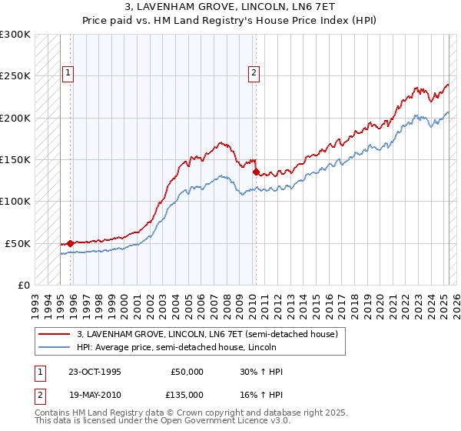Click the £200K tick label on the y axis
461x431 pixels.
pos(15,119)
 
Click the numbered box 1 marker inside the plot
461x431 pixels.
pos(68,73)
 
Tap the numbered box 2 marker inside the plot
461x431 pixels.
pos(254,73)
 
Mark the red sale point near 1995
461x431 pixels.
pos(70,243)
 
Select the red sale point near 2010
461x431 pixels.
pos(256,172)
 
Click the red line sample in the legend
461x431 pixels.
pos(54,334)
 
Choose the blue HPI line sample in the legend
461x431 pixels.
pos(54,347)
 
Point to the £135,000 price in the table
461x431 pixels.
pos(187,394)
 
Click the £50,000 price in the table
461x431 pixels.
pos(187,372)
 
